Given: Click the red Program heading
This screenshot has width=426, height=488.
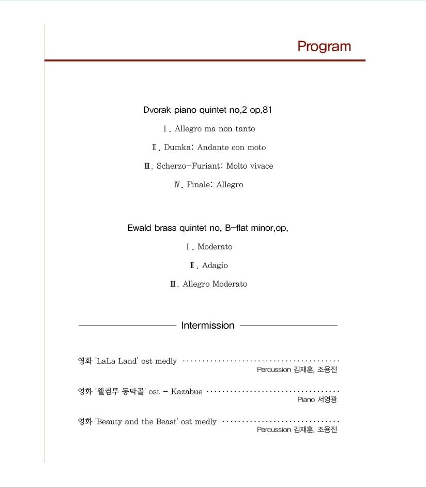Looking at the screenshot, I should coord(324,47).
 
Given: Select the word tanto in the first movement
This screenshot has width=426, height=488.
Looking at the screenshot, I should coord(245,129).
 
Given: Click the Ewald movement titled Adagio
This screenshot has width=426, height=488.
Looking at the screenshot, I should coord(215,265).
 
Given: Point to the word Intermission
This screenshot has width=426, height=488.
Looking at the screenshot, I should coord(208,326).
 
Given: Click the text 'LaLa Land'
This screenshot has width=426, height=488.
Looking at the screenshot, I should coord(117,361).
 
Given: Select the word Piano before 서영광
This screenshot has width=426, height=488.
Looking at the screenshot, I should coord(306,400).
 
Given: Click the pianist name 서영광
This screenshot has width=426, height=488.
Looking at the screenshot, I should coord(327,400).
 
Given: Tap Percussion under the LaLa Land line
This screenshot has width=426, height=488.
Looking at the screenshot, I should coord(273,369).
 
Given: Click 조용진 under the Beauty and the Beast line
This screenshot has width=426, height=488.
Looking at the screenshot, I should coord(327,430).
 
